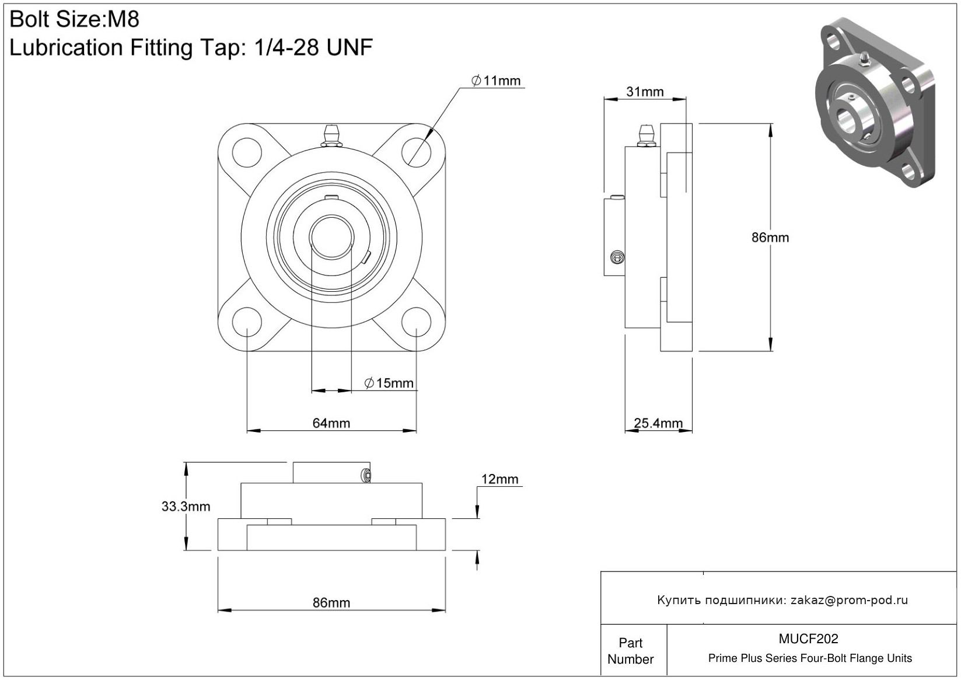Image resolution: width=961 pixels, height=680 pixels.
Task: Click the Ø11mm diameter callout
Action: coord(495,81)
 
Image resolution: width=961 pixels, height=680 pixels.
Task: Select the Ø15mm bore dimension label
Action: coord(389,383)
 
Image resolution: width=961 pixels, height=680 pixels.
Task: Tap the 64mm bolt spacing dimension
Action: coord(331,423)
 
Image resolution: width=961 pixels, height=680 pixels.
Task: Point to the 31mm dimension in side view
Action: coord(645,92)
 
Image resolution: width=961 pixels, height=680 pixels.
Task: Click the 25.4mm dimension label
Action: coord(658,423)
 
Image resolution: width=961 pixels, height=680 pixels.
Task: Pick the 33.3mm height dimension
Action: coord(186,506)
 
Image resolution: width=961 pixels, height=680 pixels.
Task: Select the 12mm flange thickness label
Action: coord(499,479)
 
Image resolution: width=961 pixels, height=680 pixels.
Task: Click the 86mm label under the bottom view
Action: coord(331,602)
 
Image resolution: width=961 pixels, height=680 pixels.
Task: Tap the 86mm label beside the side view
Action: coord(770,238)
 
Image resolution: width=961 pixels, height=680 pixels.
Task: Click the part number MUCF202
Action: coord(808,639)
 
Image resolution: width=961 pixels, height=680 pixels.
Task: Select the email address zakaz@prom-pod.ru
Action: coord(849,600)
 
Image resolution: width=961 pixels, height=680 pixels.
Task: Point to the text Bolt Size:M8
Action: coord(75,20)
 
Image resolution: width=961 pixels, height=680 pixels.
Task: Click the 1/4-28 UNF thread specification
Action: coord(313,47)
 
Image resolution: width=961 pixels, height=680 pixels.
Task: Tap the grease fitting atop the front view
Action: coord(331,135)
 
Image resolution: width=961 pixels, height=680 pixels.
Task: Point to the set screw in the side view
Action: coord(617,257)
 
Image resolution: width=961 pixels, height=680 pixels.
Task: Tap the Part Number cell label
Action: coord(630,651)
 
